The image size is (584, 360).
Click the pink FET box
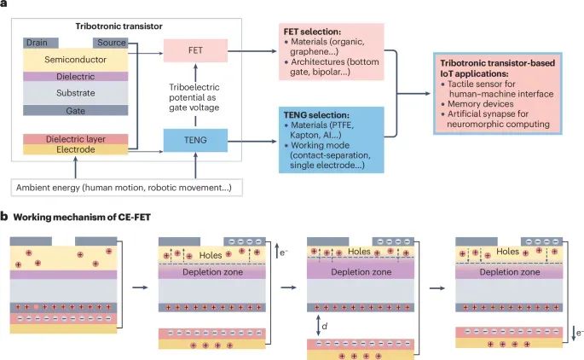tap(195, 49)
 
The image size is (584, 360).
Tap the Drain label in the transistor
tap(37, 42)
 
